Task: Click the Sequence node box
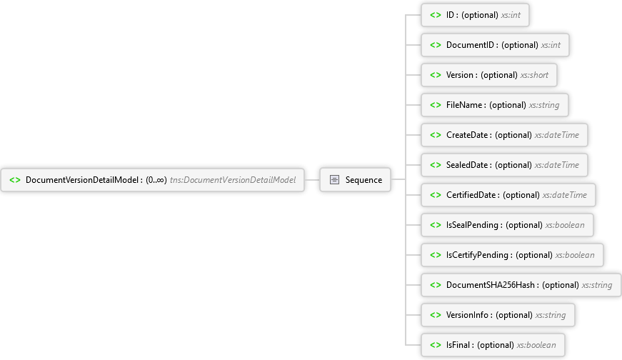pyautogui.click(x=355, y=180)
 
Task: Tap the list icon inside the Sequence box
pyautogui.click(x=334, y=180)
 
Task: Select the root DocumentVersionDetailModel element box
pyautogui.click(x=152, y=180)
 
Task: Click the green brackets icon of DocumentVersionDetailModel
pyautogui.click(x=15, y=180)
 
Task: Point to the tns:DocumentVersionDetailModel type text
pyautogui.click(x=233, y=180)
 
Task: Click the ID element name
pyautogui.click(x=450, y=15)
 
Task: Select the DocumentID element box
pyautogui.click(x=495, y=45)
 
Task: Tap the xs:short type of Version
pyautogui.click(x=534, y=75)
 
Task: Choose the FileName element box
pyautogui.click(x=495, y=105)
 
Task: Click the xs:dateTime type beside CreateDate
pyautogui.click(x=557, y=135)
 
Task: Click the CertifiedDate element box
pyautogui.click(x=508, y=195)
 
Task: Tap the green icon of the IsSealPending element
pyautogui.click(x=436, y=225)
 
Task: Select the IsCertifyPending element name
pyautogui.click(x=477, y=255)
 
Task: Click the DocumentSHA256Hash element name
pyautogui.click(x=491, y=285)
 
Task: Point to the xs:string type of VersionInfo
pyautogui.click(x=551, y=315)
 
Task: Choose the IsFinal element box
pyautogui.click(x=493, y=345)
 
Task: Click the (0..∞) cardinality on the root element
pyautogui.click(x=156, y=180)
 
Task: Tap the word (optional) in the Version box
pyautogui.click(x=499, y=75)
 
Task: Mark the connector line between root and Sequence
pyautogui.click(x=312, y=180)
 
